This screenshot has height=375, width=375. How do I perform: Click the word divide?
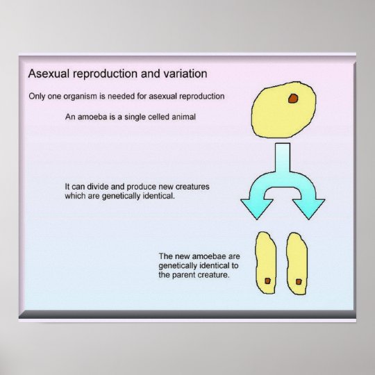pos(101,187)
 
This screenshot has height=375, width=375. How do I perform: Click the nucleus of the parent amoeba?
pos(294,99)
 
